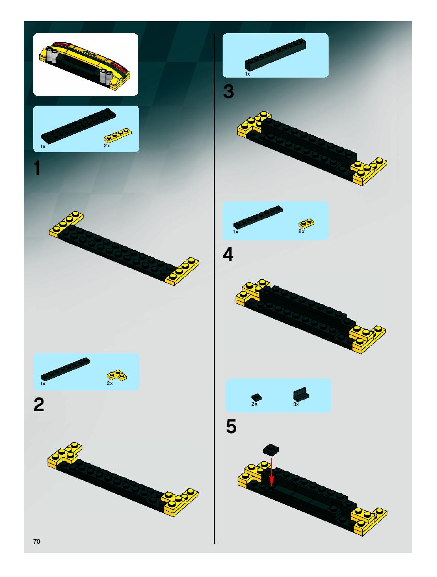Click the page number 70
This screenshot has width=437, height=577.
[37, 541]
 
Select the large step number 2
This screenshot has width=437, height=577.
[39, 405]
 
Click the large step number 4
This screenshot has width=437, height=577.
[228, 255]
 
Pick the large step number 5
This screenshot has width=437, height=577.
[231, 427]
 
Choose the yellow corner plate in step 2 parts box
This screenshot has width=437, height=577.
[117, 375]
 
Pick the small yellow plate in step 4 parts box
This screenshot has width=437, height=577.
[306, 224]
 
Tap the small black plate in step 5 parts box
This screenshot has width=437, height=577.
[256, 397]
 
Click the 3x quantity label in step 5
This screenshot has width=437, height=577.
[296, 404]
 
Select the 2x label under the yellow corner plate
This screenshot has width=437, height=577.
[110, 383]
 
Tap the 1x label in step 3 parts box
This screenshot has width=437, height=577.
[248, 74]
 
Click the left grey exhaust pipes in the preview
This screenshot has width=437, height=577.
[52, 55]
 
